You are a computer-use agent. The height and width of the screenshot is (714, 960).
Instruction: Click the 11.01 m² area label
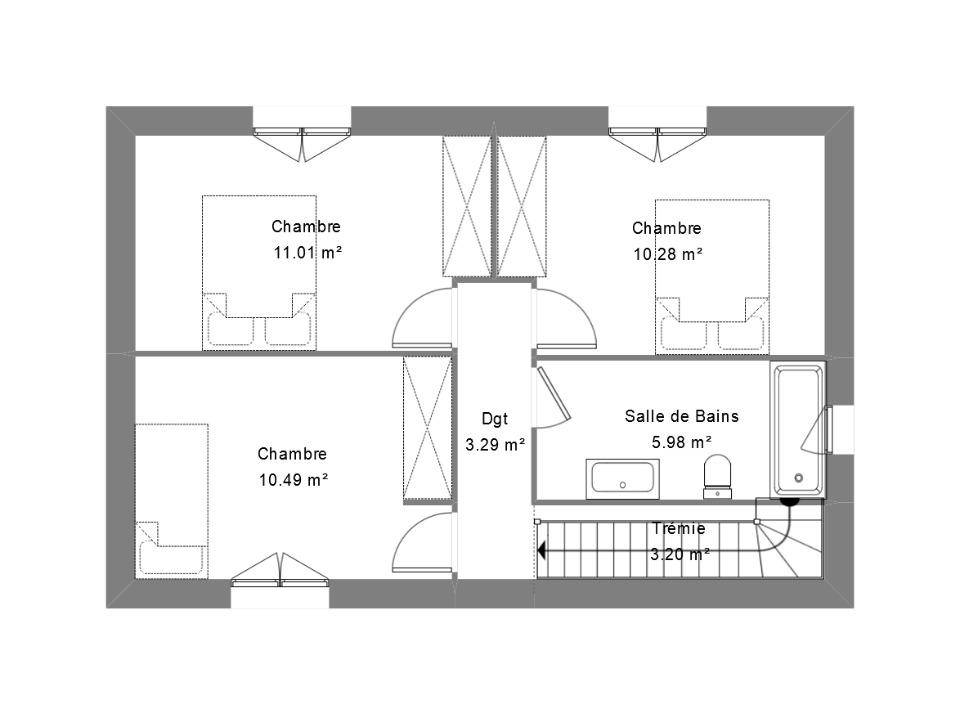pos(307,252)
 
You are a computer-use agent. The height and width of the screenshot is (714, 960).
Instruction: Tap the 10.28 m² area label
pos(667,254)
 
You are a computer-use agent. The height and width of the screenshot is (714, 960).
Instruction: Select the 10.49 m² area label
pos(293,479)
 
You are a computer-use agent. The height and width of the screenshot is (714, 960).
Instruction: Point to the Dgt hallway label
pos(495,419)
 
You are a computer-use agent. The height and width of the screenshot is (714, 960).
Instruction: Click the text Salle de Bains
pos(681,416)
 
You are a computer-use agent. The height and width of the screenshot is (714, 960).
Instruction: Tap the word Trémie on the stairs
pos(678,528)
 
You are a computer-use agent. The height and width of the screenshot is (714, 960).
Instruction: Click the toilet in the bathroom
pos(718,476)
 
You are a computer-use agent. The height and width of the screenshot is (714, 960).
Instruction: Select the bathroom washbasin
pos(623,478)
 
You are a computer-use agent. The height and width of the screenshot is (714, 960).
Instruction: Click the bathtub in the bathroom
pos(798,429)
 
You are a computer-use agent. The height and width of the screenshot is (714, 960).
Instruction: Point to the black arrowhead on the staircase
pos(541,551)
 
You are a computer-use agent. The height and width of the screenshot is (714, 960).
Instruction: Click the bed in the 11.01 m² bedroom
pos(260,273)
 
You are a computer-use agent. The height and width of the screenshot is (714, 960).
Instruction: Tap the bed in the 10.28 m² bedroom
pos(713,277)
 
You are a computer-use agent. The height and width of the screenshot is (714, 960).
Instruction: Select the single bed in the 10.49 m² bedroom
pos(172,501)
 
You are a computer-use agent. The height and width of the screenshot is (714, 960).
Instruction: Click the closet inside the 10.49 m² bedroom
pos(427,429)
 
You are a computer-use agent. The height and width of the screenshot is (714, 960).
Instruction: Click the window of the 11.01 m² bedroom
pos(302,142)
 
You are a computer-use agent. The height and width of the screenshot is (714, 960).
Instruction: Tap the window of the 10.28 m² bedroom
pos(658,142)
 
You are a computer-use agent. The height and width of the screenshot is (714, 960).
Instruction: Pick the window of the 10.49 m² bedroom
pos(280,569)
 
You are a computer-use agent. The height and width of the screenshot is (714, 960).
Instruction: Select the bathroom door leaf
pos(554,394)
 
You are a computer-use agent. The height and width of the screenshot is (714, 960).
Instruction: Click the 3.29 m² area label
pos(495,445)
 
